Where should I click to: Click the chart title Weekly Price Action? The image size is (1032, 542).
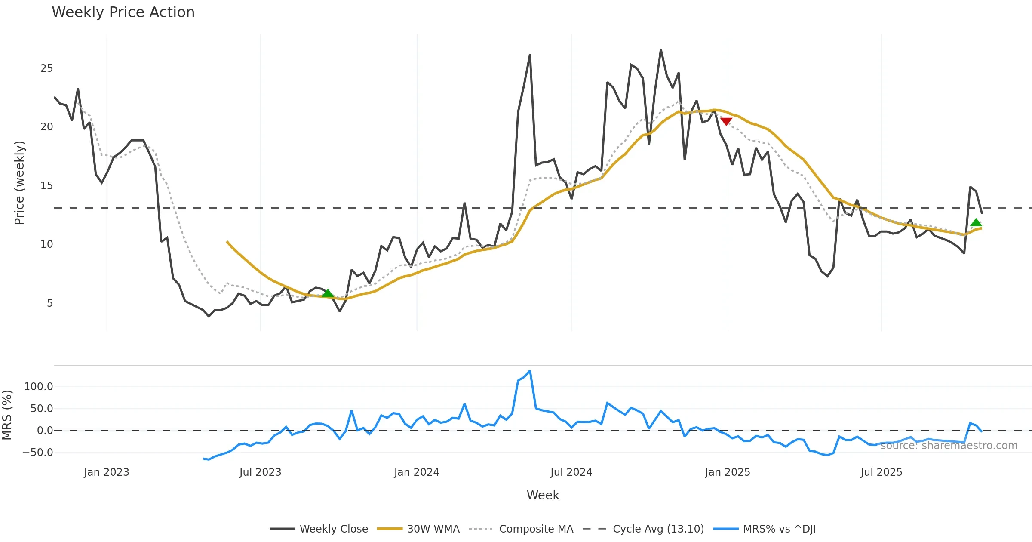coord(123,12)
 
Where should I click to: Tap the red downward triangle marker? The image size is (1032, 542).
coord(726,121)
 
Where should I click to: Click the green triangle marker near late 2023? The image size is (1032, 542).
coord(328,293)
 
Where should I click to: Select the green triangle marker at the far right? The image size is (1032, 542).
coord(976,222)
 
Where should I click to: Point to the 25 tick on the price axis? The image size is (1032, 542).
coord(46,68)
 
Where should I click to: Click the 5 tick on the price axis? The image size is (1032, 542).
coord(50,303)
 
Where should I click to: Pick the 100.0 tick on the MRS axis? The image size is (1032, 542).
coord(38,387)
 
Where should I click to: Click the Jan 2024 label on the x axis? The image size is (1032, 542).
coord(416,472)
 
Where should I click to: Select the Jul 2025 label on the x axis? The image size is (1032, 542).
coord(881,472)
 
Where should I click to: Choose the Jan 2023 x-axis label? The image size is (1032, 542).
coord(106,472)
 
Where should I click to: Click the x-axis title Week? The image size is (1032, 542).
coord(543,496)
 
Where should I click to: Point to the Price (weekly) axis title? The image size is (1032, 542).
coord(19,183)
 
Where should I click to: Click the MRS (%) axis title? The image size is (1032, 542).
coord(7,415)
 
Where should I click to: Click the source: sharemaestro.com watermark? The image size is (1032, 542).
coord(949,446)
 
